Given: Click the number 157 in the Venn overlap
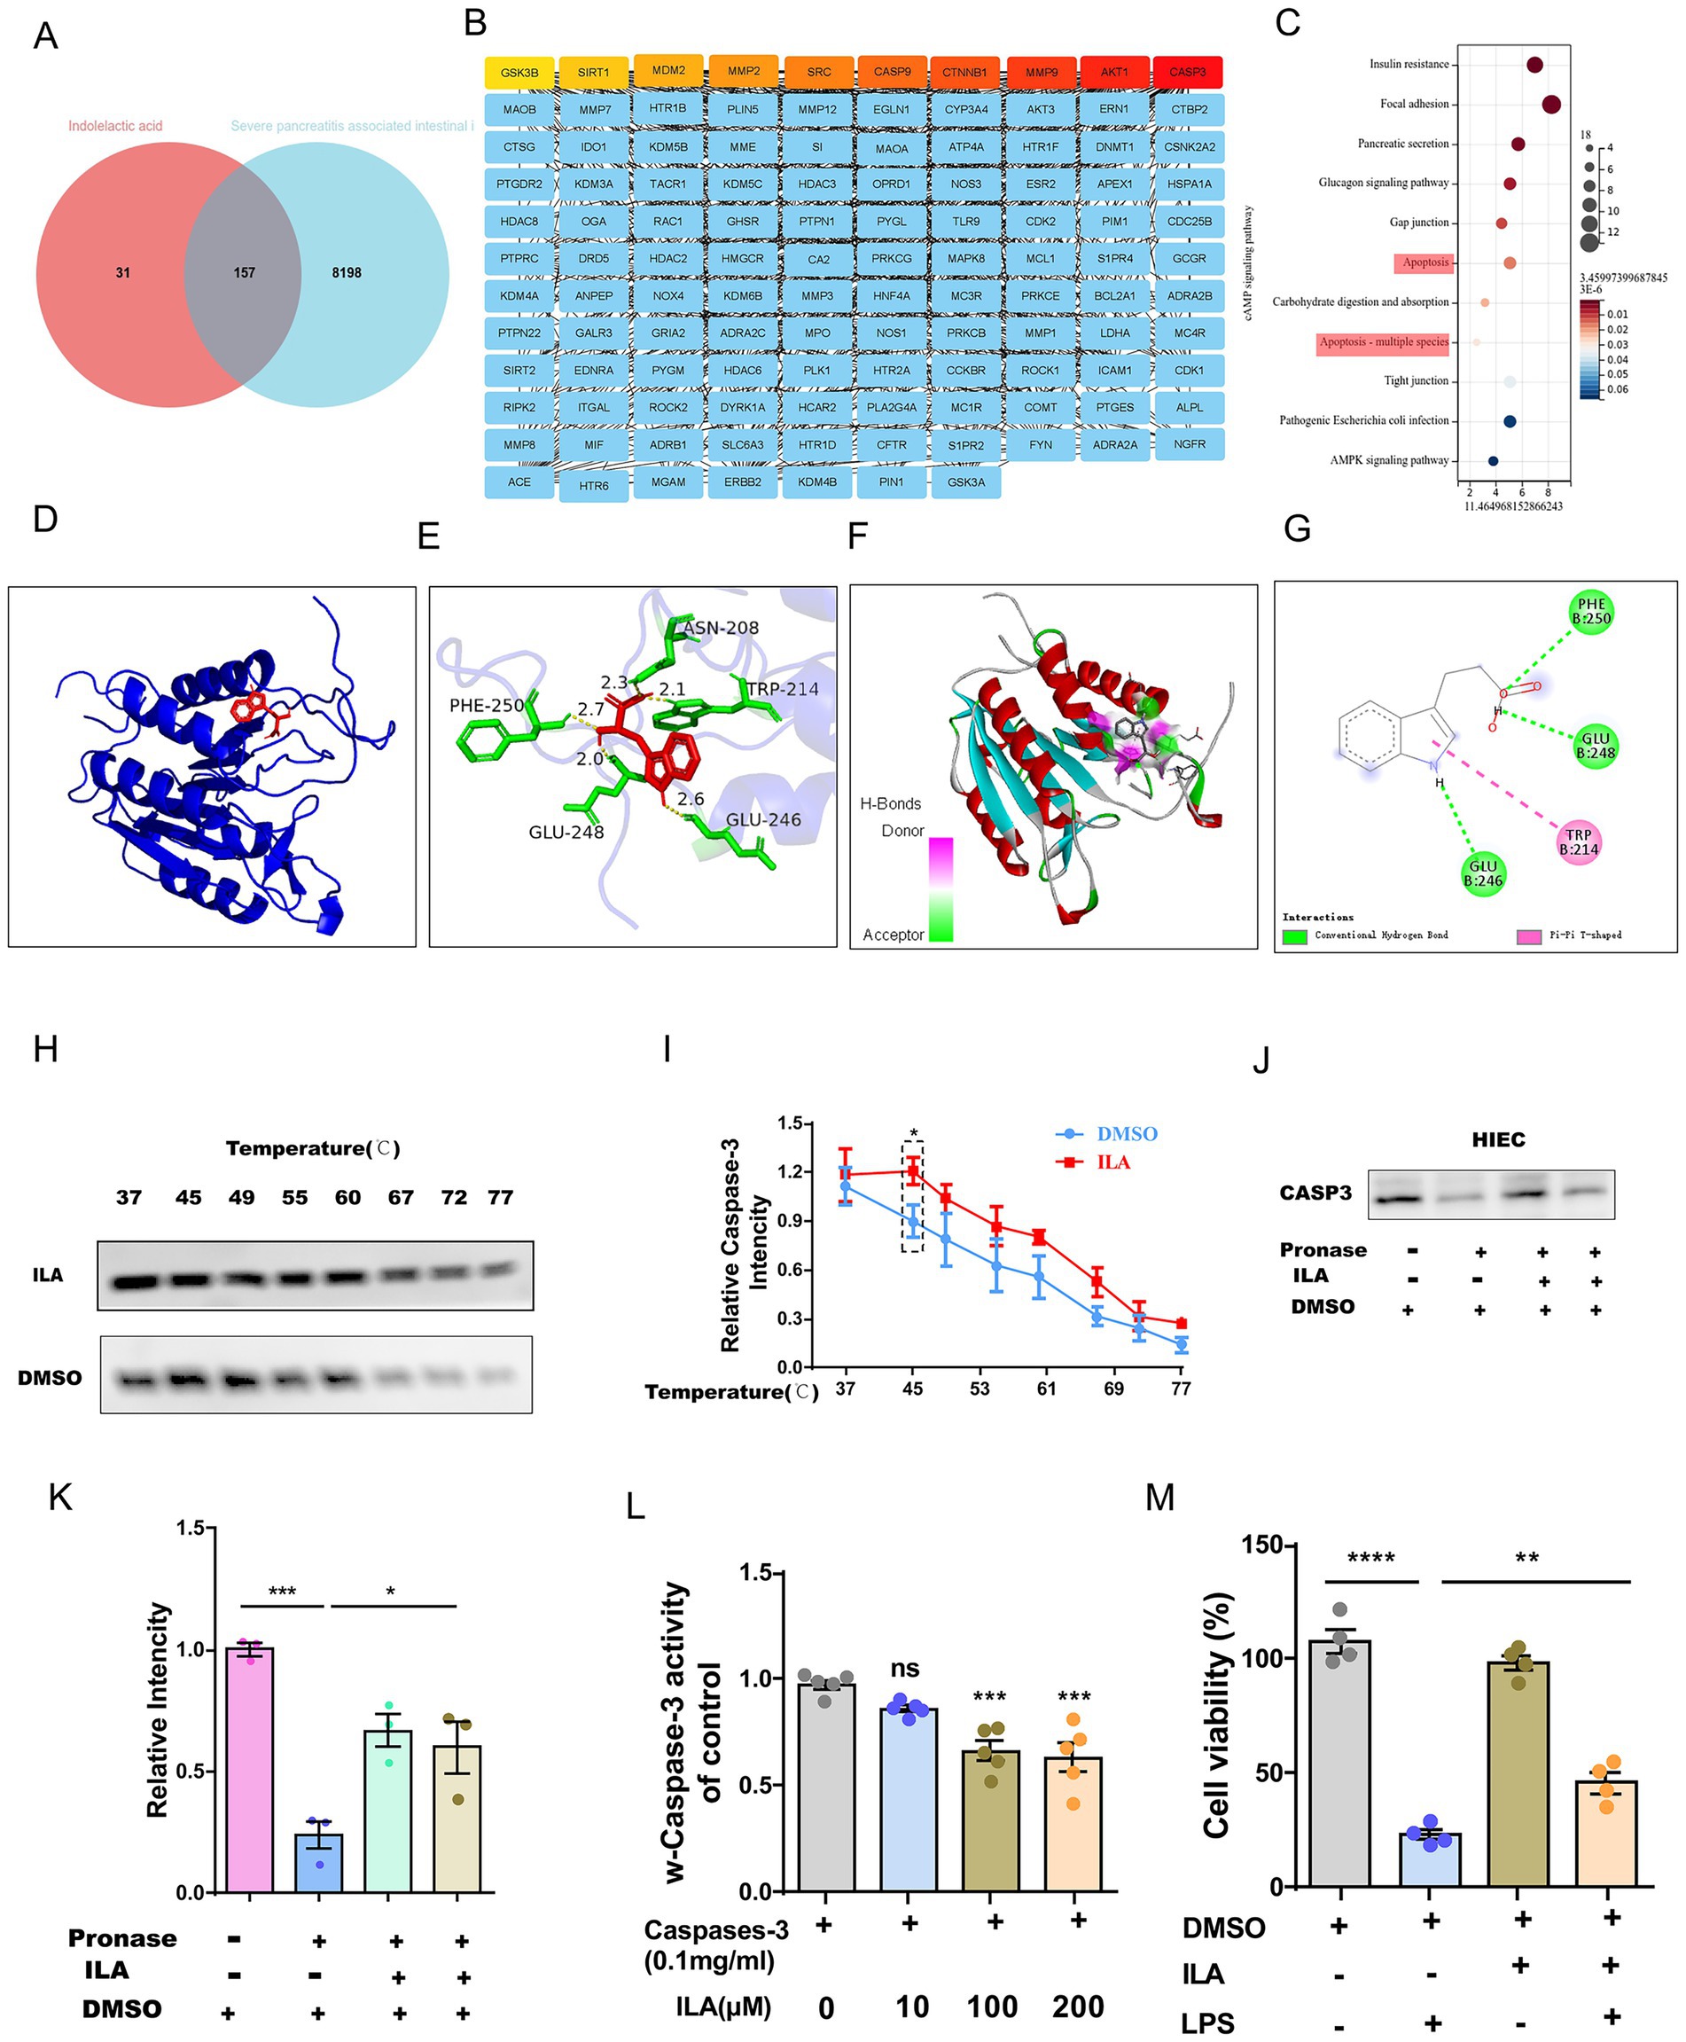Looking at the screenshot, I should pyautogui.click(x=244, y=273).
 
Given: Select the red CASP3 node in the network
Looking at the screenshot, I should pyautogui.click(x=1187, y=72).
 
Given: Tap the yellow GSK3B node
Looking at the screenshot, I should pyautogui.click(x=519, y=73).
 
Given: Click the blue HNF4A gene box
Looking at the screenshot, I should pyautogui.click(x=891, y=295).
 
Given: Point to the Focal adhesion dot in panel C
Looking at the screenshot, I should pyautogui.click(x=1551, y=104).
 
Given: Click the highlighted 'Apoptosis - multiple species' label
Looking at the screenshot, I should pyautogui.click(x=1383, y=342).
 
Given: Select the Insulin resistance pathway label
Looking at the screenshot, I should pyautogui.click(x=1409, y=64).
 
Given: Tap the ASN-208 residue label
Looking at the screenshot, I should pyautogui.click(x=721, y=628).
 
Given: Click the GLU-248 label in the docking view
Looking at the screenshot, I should pyautogui.click(x=566, y=832).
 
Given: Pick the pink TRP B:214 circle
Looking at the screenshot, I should pyautogui.click(x=1578, y=841).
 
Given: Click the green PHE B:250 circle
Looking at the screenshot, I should pyautogui.click(x=1591, y=611).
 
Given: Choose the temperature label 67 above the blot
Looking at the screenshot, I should pyautogui.click(x=401, y=1197).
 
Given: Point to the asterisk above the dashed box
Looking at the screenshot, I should pyautogui.click(x=913, y=1132).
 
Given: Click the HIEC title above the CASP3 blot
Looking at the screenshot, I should pyautogui.click(x=1497, y=1139).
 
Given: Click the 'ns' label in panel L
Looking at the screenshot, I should pyautogui.click(x=904, y=1667).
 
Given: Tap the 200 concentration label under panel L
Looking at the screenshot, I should pyautogui.click(x=1077, y=2005).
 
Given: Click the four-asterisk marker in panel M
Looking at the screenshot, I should pyautogui.click(x=1370, y=1558).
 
